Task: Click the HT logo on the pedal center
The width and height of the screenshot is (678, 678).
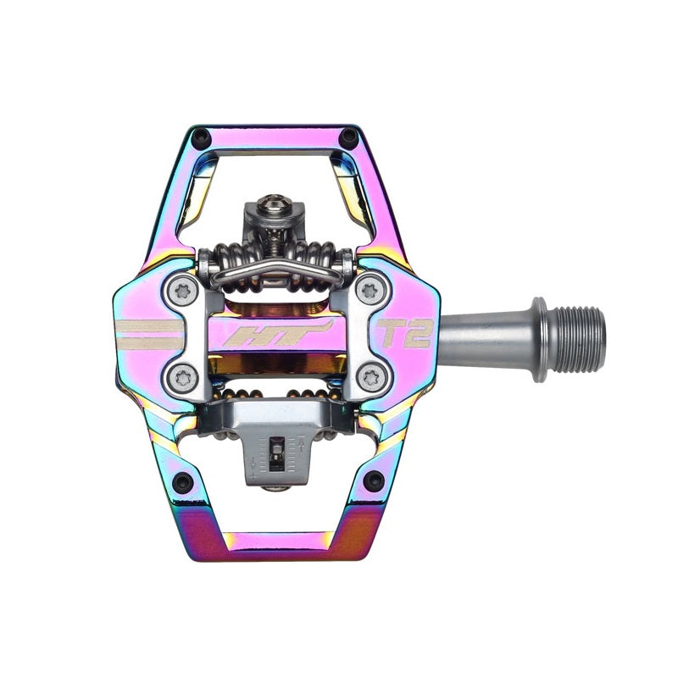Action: pyautogui.click(x=278, y=334)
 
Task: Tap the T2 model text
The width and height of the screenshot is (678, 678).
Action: pyautogui.click(x=405, y=333)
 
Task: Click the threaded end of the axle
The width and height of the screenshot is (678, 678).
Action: pyautogui.click(x=577, y=340)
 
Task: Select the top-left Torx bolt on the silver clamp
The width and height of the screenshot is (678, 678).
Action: pyautogui.click(x=182, y=292)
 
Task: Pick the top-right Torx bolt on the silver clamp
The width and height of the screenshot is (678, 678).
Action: pyautogui.click(x=371, y=291)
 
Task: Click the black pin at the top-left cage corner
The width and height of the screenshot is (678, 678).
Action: pyautogui.click(x=201, y=138)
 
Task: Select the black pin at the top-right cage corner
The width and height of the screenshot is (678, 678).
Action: pyautogui.click(x=348, y=138)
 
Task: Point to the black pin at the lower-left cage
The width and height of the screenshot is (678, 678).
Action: pyautogui.click(x=182, y=481)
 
